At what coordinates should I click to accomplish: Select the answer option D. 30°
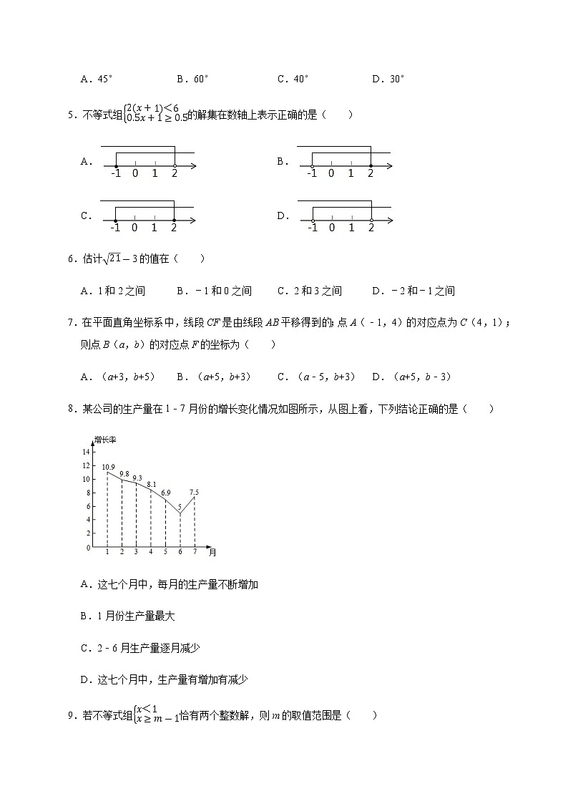(388, 79)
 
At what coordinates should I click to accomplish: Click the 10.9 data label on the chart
(108, 467)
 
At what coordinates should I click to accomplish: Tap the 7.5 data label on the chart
(194, 492)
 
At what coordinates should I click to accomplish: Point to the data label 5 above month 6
(180, 506)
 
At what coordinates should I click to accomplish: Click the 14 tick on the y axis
(86, 452)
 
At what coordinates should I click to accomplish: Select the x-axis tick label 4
(150, 552)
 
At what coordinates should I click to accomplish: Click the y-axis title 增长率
(105, 439)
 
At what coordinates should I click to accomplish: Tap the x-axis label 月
(212, 552)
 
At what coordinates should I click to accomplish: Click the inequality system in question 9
(156, 715)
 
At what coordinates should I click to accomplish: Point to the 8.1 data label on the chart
(151, 485)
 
